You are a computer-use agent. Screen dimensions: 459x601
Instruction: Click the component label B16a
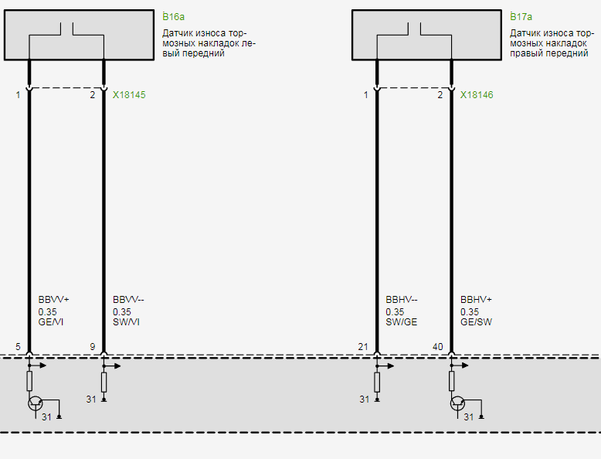[174, 16]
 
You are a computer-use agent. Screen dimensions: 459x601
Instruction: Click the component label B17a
[521, 16]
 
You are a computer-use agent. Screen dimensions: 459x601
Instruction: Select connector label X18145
[129, 95]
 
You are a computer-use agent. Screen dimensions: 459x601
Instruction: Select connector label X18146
[477, 95]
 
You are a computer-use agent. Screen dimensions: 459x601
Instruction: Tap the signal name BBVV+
[54, 299]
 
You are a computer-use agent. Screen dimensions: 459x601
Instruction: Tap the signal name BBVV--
[129, 299]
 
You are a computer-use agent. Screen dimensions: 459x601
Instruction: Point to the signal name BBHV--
[402, 299]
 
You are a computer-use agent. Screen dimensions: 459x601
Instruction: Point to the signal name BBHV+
[477, 299]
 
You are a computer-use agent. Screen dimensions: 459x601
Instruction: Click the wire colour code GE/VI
[51, 321]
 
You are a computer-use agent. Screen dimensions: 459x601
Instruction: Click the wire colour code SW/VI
[126, 321]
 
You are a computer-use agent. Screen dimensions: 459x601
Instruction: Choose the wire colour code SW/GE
[401, 321]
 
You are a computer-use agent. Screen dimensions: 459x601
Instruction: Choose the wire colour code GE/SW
[476, 321]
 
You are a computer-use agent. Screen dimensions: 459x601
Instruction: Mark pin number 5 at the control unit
[18, 347]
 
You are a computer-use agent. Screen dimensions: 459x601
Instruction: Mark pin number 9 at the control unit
[92, 347]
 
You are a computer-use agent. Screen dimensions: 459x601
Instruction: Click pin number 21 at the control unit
[363, 347]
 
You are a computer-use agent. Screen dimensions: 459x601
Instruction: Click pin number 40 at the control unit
[438, 347]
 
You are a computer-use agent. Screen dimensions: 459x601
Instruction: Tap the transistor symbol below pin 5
[35, 403]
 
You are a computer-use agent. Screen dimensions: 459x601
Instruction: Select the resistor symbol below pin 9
[104, 381]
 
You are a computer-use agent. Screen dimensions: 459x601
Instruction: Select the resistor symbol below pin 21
[377, 381]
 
